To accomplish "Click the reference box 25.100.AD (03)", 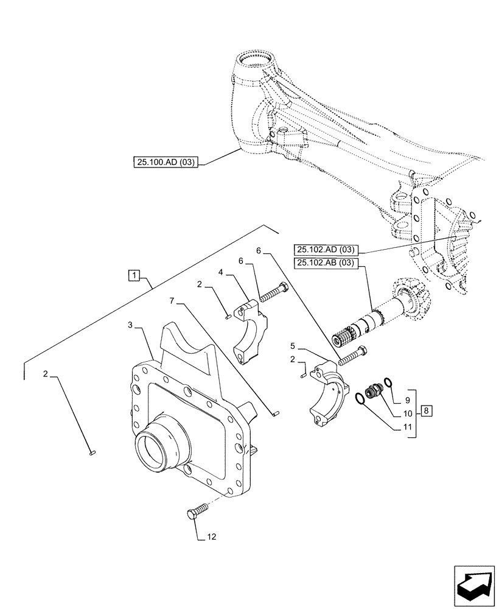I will point(166,163).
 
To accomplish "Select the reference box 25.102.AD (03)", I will point(327,250).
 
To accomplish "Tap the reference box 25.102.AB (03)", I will point(327,263).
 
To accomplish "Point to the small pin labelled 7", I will point(276,413).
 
